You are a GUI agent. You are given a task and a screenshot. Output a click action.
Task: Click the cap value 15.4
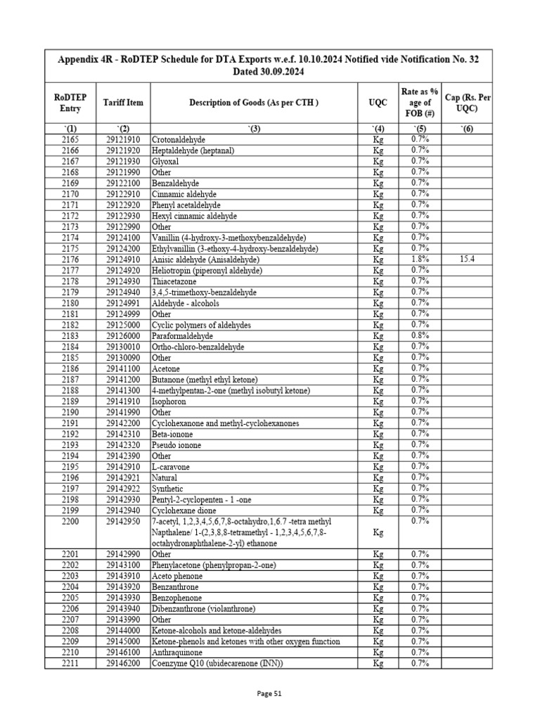pyautogui.click(x=467, y=259)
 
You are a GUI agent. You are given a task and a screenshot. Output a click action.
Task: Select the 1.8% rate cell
pyautogui.click(x=420, y=259)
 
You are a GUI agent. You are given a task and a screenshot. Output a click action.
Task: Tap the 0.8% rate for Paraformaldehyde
pyautogui.click(x=420, y=335)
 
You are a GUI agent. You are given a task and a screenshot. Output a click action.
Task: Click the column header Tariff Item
pyautogui.click(x=123, y=103)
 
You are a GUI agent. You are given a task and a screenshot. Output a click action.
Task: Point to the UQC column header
pyautogui.click(x=378, y=103)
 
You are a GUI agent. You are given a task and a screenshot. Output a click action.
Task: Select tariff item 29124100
pyautogui.click(x=123, y=238)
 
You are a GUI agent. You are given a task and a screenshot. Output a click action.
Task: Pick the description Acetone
pyautogui.click(x=166, y=368)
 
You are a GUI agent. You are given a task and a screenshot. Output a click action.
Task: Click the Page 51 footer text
pyautogui.click(x=269, y=693)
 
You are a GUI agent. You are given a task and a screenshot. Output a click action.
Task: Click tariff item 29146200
pyautogui.click(x=123, y=663)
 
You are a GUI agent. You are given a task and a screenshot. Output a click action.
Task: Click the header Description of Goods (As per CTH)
pyautogui.click(x=254, y=103)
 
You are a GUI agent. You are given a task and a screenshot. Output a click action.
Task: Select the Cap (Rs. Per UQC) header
pyautogui.click(x=467, y=103)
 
